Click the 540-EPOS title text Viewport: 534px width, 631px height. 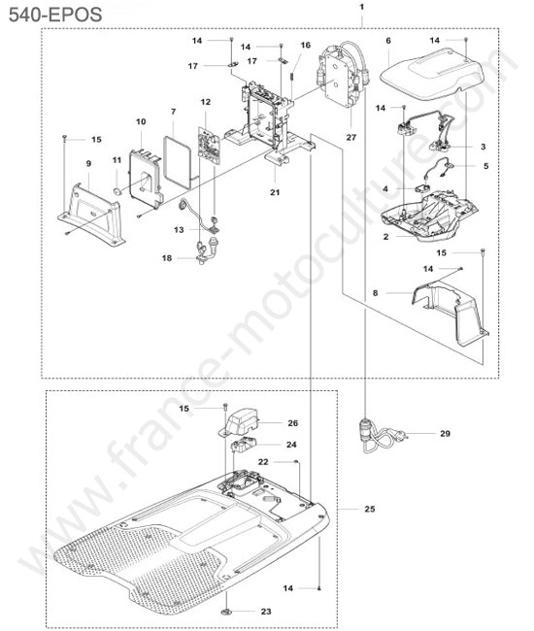[55, 15]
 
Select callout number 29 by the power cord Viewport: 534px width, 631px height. [445, 433]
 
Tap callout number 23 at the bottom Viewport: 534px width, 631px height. [266, 612]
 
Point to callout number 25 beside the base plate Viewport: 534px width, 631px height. [369, 509]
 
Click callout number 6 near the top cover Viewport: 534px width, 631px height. [388, 41]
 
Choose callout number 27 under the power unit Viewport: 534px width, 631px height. [351, 137]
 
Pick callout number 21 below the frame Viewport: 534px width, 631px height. [275, 192]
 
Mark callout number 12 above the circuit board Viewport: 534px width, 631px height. [205, 102]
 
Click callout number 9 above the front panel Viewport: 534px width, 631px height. [88, 163]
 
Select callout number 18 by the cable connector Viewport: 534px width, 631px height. [167, 258]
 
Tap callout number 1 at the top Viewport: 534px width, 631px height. [362, 7]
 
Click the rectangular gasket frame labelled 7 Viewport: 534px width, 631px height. [177, 162]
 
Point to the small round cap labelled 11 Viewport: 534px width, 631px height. [117, 191]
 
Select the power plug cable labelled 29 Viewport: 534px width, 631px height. [382, 438]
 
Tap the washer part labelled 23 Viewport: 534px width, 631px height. [226, 613]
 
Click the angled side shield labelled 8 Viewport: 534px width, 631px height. [450, 313]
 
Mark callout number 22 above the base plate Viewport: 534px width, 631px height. [263, 462]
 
